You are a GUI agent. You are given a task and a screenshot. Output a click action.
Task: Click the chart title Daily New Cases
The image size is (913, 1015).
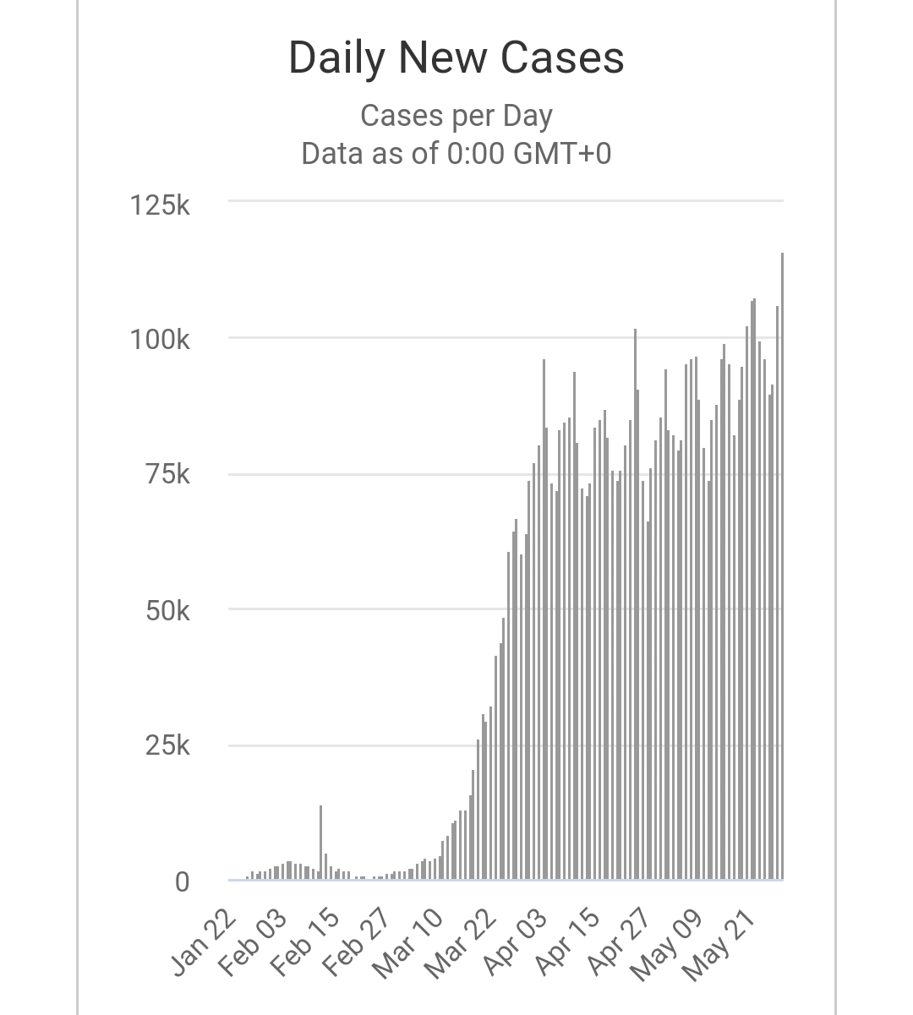[456, 57]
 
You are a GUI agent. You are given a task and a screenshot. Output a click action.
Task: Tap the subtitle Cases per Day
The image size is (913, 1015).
[456, 116]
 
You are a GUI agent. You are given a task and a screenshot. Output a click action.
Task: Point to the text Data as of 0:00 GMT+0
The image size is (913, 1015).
[456, 154]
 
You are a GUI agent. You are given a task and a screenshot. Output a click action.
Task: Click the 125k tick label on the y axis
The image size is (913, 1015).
[160, 205]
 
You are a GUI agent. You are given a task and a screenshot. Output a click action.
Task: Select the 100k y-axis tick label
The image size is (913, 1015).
[160, 340]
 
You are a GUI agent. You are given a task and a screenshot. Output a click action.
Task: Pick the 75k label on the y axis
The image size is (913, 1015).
[167, 475]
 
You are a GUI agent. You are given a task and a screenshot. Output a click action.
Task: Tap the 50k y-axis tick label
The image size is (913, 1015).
[167, 611]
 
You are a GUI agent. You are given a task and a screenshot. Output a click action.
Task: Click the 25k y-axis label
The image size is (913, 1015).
[167, 746]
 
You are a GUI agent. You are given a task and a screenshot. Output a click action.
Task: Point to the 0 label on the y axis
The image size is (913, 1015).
[182, 882]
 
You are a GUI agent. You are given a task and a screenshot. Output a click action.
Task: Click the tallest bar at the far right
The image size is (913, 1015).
[782, 566]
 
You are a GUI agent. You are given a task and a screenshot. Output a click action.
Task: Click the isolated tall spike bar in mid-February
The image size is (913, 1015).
[320, 843]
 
